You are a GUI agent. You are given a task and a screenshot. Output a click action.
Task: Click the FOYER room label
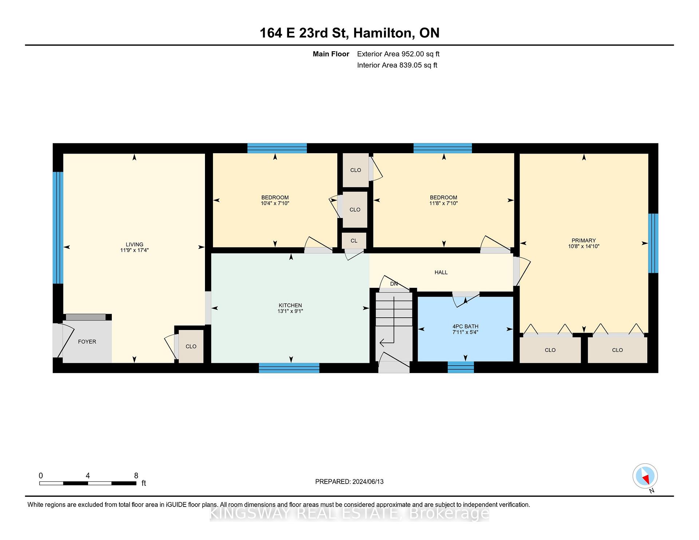click(87, 342)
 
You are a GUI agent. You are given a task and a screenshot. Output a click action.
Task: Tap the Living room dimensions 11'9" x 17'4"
click(134, 250)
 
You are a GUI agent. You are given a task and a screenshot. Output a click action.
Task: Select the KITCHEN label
click(290, 305)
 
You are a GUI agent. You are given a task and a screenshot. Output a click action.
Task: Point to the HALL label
click(441, 272)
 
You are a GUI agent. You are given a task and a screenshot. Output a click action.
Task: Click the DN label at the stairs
click(394, 284)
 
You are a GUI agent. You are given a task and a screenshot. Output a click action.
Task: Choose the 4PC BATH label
click(465, 326)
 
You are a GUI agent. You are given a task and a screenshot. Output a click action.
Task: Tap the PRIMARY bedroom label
click(584, 241)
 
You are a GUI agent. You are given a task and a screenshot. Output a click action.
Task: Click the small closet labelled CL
click(354, 241)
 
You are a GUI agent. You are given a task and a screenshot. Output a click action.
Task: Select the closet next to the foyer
click(191, 346)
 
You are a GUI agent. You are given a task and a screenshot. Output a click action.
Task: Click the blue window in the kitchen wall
click(289, 368)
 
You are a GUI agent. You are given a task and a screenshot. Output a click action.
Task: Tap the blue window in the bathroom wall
click(461, 367)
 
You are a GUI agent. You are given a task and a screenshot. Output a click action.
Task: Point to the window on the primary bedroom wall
click(653, 243)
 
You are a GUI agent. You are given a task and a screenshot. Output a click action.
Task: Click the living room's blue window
click(58, 228)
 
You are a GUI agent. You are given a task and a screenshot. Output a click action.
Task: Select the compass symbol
click(645, 476)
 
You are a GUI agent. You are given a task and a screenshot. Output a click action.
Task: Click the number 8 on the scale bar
click(136, 476)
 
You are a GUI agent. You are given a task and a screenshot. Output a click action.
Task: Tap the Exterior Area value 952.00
click(412, 54)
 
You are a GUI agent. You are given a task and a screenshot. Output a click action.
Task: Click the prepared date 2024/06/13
click(368, 481)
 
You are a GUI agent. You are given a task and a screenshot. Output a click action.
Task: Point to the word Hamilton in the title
click(384, 33)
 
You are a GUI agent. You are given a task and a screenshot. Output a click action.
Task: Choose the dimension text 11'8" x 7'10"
click(443, 203)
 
